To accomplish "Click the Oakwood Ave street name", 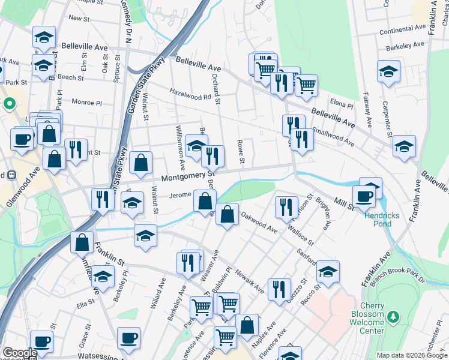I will pyautogui.click(x=259, y=221).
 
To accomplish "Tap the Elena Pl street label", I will pyautogui.click(x=342, y=104).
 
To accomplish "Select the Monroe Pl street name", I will pyautogui.click(x=88, y=103).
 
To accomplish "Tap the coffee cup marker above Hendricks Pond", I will pyautogui.click(x=365, y=196).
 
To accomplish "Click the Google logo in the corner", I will pyautogui.click(x=19, y=353).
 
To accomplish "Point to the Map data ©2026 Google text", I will pyautogui.click(x=412, y=355).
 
